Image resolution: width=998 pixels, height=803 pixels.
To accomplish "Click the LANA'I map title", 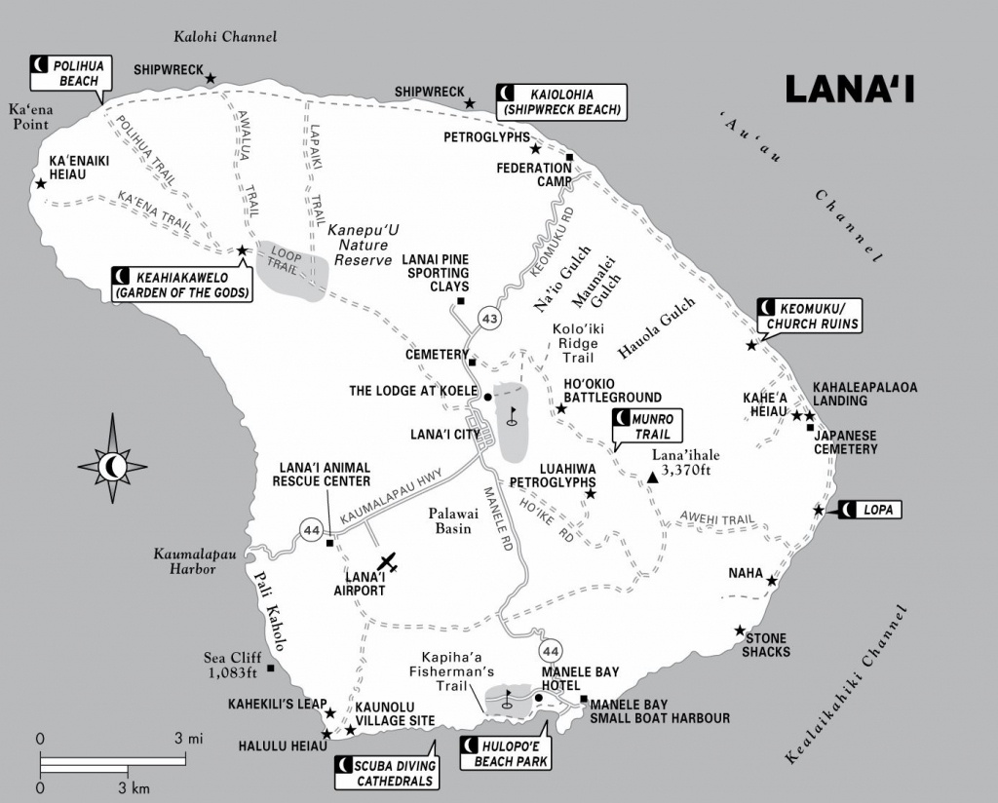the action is coord(850,89).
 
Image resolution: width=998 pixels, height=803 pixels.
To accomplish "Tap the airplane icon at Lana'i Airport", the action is coord(387,562).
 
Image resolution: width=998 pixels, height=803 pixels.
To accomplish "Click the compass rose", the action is coord(113,459).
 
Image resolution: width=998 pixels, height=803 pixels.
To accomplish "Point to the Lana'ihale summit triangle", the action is coord(652,478).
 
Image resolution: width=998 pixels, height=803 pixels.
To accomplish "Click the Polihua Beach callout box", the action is coord(70,73).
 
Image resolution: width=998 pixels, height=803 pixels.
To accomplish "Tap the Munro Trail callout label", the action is coord(647,426).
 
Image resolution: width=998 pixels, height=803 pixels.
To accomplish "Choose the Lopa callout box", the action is coord(870,510).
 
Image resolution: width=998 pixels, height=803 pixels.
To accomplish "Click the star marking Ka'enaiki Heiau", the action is coord(41,184).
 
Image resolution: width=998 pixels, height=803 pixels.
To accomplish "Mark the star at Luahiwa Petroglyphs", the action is coord(591,494).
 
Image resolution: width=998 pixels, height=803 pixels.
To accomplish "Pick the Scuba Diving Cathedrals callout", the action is coord(387,773).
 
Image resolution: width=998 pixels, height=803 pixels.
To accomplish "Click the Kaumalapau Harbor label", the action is coord(194,561).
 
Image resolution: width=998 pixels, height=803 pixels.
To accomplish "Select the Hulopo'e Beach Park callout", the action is coord(505,753).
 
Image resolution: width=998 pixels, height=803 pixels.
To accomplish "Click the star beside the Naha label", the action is coord(772,581).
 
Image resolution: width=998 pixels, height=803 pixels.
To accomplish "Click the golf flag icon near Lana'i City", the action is coord(513,415).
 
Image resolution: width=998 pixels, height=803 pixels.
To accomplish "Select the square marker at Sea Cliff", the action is coord(271,669).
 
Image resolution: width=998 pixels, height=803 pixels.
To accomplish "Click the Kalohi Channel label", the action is coord(225,36).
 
